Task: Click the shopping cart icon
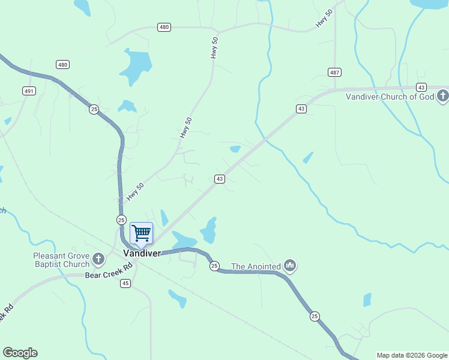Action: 141,233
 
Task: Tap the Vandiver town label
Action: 142,253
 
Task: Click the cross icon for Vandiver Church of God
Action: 442,96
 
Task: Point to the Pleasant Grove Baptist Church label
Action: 61,259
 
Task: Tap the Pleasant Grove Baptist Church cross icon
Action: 98,259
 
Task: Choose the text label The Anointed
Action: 256,266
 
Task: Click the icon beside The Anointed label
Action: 290,265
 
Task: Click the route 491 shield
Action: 29,91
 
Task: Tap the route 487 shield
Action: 335,72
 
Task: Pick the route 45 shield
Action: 125,283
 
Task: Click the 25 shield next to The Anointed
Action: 214,266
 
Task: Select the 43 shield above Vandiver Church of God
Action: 421,87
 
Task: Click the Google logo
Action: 20,353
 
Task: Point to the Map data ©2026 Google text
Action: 412,355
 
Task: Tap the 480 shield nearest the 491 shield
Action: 62,64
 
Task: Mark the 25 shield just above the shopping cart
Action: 121,220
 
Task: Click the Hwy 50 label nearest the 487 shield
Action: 324,20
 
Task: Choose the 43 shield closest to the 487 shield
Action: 301,109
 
